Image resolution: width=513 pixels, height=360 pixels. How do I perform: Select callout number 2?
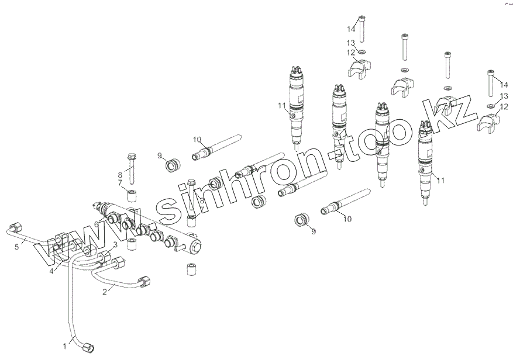105,291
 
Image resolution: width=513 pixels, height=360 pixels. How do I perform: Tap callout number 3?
115,244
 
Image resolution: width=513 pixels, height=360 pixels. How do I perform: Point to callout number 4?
51,271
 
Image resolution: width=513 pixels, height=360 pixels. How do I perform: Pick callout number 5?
17,247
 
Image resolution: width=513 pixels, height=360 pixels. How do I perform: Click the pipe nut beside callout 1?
88,348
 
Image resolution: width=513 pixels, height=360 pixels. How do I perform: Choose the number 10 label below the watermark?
347,220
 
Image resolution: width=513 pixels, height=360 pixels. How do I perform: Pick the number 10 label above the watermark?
197,140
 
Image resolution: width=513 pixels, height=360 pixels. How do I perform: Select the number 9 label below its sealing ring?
313,231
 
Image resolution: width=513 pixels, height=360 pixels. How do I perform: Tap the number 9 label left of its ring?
159,155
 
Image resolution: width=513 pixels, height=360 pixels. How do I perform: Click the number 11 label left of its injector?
281,106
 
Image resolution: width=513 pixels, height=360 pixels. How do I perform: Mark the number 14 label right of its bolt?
504,85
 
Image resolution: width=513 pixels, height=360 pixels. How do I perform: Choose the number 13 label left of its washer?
350,43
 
